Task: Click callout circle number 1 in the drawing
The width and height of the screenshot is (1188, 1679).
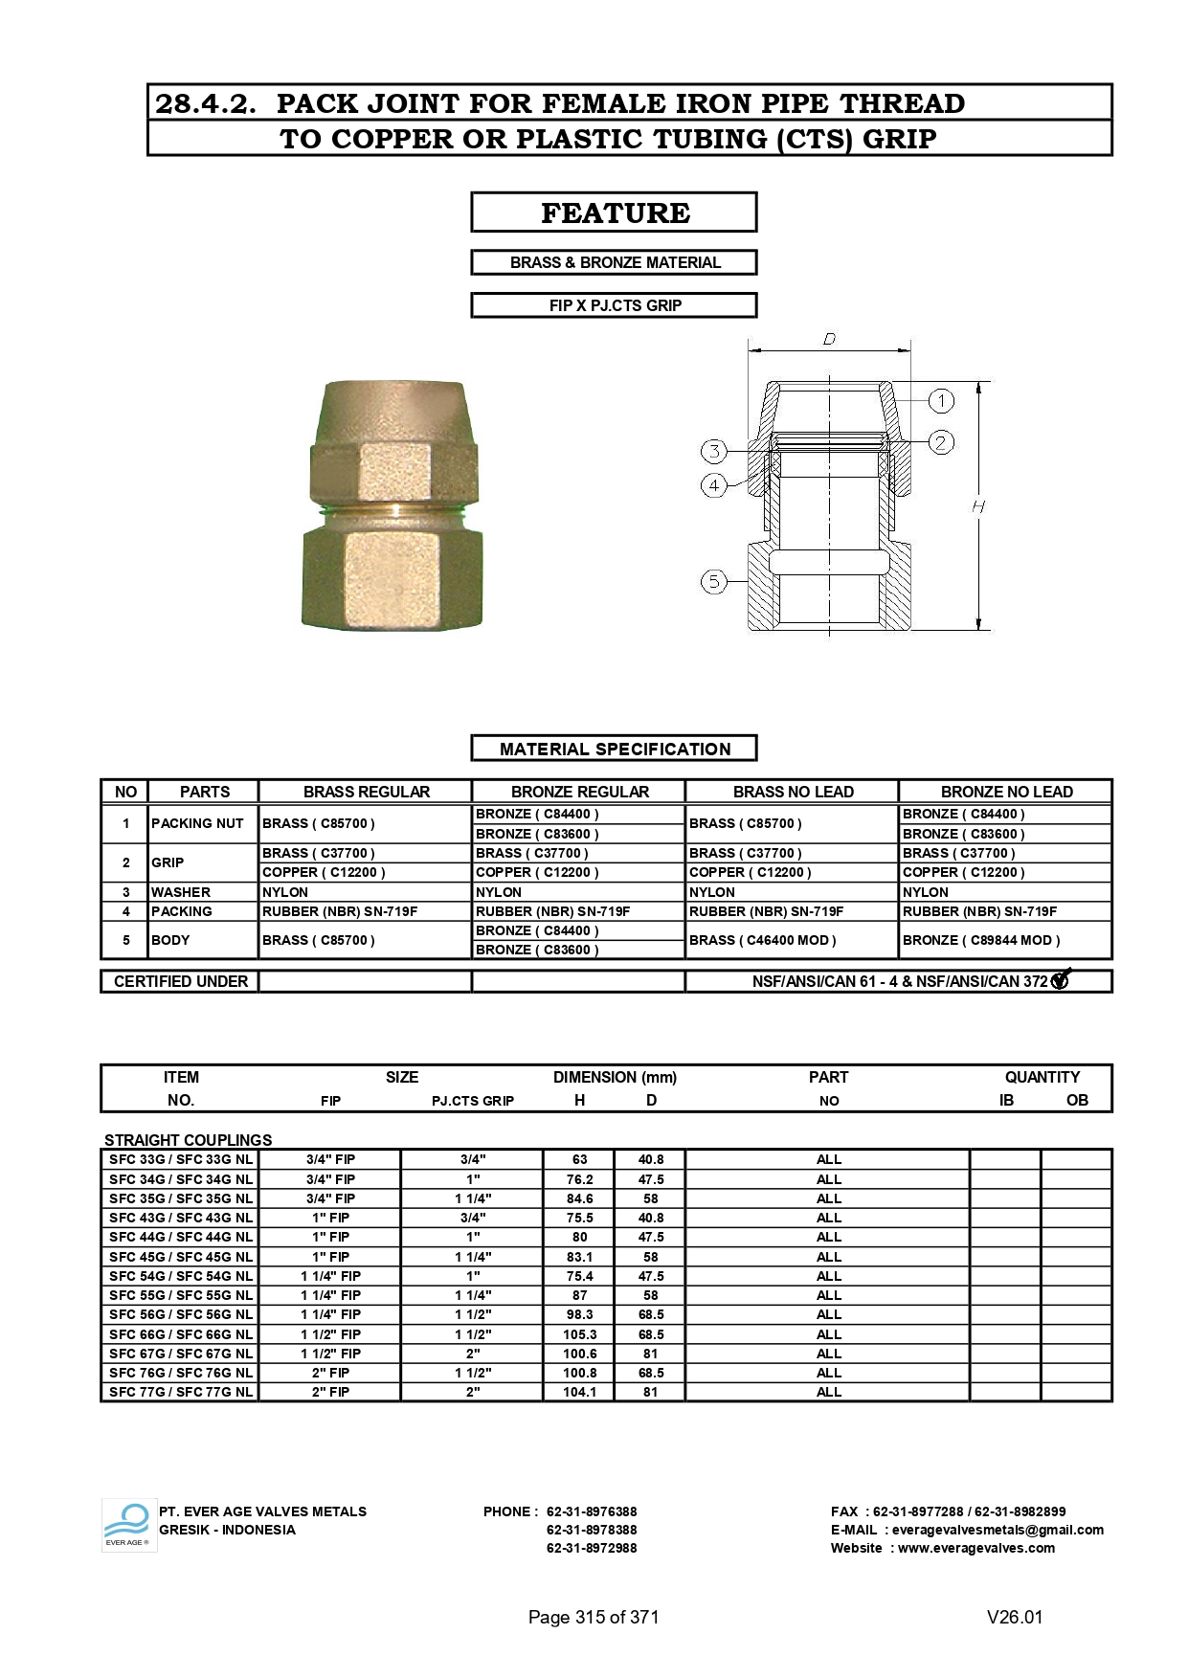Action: [941, 400]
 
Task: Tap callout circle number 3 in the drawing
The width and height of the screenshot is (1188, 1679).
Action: [714, 451]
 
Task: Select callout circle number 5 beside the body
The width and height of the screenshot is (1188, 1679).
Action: [714, 581]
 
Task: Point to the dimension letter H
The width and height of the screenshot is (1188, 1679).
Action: [977, 506]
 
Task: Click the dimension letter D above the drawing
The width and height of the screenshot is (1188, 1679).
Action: [829, 339]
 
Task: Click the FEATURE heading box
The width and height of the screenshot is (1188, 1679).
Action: [614, 213]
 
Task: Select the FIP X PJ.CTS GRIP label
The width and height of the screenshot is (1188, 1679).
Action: [614, 305]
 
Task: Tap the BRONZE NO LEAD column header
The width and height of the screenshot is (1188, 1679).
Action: [1006, 792]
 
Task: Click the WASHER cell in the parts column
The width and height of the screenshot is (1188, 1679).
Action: [181, 892]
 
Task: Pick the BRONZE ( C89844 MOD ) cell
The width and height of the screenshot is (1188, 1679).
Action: [981, 940]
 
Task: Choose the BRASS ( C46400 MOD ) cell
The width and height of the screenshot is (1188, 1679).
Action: [763, 940]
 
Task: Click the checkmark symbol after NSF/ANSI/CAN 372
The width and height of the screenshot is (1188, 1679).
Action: [1061, 980]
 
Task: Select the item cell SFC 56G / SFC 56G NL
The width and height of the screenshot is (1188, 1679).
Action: [181, 1314]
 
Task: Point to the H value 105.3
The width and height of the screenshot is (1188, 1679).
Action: [579, 1334]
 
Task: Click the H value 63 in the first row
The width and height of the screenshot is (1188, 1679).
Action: [579, 1159]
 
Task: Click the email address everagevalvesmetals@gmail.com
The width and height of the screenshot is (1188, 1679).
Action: [997, 1530]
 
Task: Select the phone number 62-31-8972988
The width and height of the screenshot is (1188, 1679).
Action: [592, 1548]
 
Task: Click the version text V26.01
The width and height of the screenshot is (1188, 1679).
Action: [1015, 1617]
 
